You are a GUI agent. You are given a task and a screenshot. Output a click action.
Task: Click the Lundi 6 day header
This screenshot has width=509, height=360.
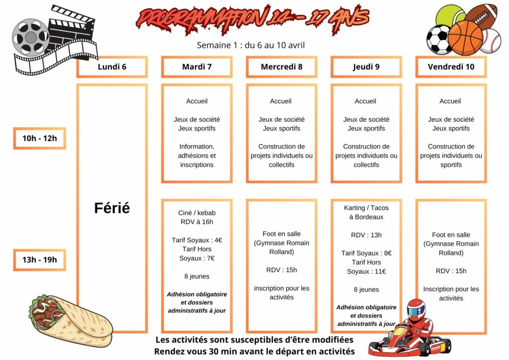[x=112, y=67]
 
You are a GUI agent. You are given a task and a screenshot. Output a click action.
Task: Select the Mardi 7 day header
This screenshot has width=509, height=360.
[x=197, y=67]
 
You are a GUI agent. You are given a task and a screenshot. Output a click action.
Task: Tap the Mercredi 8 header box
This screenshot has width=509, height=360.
[x=281, y=67]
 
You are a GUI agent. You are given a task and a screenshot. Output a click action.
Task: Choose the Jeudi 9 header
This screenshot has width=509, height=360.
[x=366, y=67]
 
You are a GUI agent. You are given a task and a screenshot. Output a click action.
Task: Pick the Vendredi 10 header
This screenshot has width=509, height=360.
[x=451, y=67]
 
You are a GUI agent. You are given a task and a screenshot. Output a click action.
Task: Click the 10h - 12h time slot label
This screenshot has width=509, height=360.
[x=40, y=138]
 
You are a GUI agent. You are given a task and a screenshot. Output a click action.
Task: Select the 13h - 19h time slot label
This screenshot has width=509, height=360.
[x=40, y=260]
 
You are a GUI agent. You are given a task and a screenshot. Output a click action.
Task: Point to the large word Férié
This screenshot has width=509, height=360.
[x=112, y=208]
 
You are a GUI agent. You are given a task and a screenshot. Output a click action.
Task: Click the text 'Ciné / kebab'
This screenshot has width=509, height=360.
[x=197, y=213]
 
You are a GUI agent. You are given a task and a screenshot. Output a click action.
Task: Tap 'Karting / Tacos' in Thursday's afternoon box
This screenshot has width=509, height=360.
[x=366, y=208]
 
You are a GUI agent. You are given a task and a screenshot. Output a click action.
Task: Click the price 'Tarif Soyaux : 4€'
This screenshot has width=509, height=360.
[x=197, y=240]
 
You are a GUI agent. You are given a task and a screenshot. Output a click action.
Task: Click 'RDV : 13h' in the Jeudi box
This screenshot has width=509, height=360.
[x=366, y=235]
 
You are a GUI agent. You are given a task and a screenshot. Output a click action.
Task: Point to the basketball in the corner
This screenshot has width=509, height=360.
[x=465, y=38]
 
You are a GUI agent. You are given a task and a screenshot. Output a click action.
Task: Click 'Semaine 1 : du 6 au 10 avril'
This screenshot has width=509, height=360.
[x=251, y=45]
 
